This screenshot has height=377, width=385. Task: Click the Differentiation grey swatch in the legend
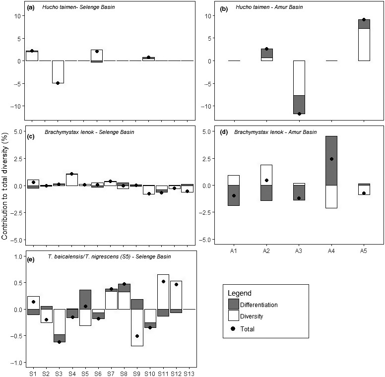click(235, 304)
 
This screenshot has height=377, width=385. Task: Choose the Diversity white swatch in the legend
click(235, 316)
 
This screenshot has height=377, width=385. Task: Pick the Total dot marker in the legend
click(235, 328)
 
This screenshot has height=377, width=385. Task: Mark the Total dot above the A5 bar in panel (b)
click(364, 19)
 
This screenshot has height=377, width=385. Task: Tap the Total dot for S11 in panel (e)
click(163, 281)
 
